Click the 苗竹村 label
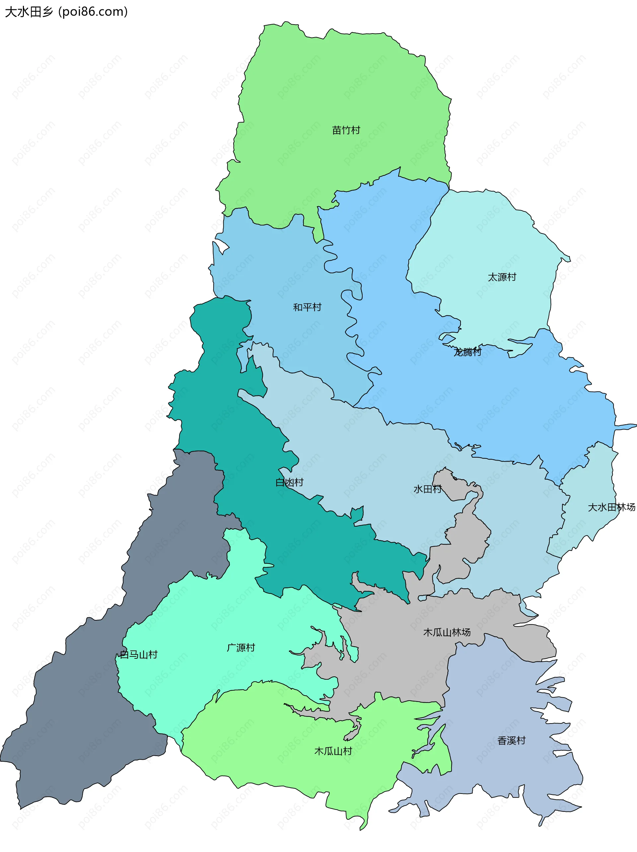click(346, 130)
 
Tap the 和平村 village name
click(307, 307)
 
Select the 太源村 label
click(502, 277)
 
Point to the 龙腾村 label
click(467, 352)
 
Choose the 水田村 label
click(427, 489)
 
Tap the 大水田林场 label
click(611, 507)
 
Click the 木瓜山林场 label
click(447, 632)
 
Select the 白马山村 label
click(139, 654)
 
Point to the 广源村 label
click(241, 647)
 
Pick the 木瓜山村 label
click(333, 751)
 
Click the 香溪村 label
click(511, 740)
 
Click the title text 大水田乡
click(29, 12)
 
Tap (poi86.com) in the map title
click(93, 12)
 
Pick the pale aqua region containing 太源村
click(481, 239)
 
